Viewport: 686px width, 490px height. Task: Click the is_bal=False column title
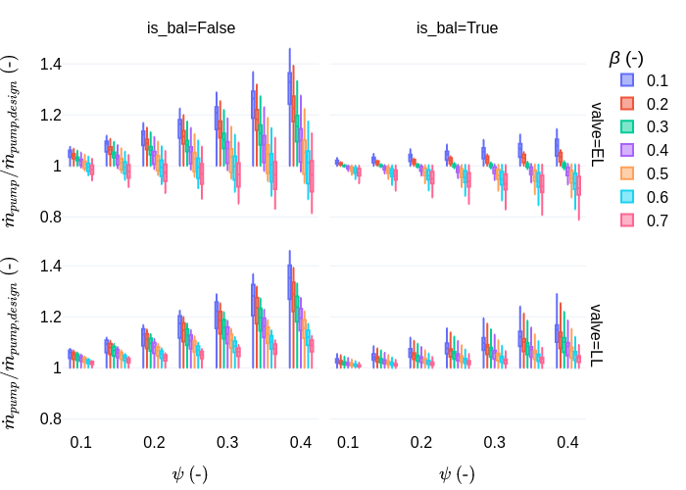pos(191,28)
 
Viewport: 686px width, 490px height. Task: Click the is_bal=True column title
pos(457,28)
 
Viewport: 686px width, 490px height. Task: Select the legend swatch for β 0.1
pos(627,80)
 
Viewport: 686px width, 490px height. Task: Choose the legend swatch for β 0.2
pos(627,104)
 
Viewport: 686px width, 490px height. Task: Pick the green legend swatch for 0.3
pos(627,126)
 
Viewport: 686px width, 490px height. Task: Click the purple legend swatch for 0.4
pos(627,150)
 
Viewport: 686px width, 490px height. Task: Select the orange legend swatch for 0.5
pos(627,173)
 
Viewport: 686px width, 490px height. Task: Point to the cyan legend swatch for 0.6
pos(627,197)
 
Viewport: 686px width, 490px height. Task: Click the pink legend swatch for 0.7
pos(627,220)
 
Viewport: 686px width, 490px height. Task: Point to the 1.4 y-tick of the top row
pos(50,65)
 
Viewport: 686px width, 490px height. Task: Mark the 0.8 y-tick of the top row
pos(50,217)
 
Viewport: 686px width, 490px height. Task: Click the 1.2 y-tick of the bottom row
pos(50,317)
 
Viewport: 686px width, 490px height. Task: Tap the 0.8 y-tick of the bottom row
pos(50,418)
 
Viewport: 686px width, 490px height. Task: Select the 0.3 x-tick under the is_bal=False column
pos(227,443)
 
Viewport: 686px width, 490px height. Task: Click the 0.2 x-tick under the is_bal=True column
pos(420,443)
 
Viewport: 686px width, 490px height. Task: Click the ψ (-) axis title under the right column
pos(457,473)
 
